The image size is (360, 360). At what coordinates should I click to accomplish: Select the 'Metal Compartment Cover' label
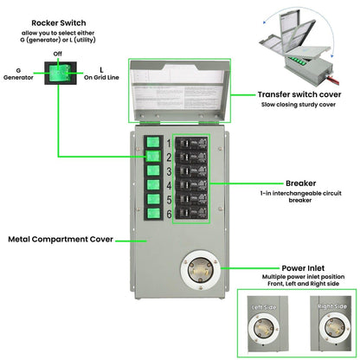pyautogui.click(x=58, y=238)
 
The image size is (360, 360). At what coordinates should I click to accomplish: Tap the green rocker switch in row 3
pyautogui.click(x=152, y=170)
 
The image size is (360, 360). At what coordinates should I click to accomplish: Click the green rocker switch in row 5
pyautogui.click(x=152, y=199)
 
